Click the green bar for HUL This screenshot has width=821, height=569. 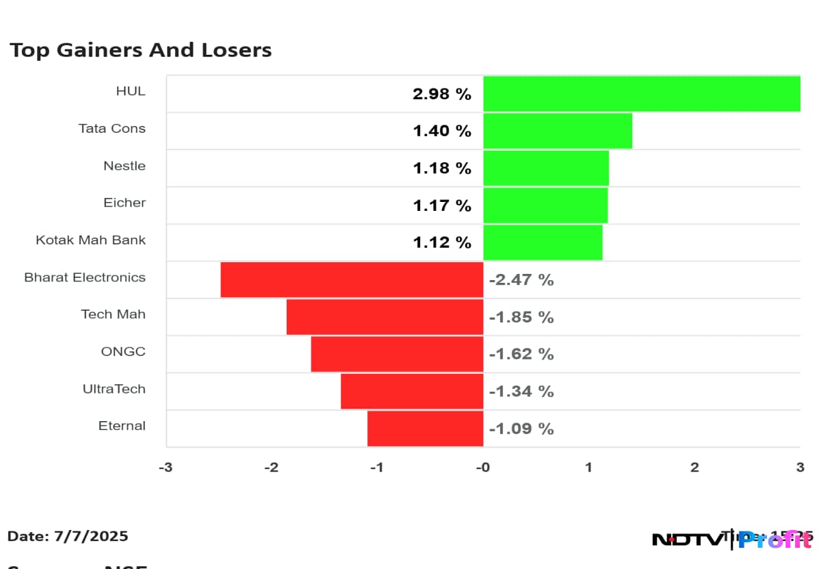click(x=642, y=94)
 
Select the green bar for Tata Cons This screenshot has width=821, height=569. click(x=558, y=131)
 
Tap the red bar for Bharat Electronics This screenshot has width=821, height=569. click(x=352, y=279)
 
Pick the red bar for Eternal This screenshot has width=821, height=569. click(x=425, y=428)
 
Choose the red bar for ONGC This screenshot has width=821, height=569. click(x=397, y=354)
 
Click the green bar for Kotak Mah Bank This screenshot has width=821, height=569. click(x=543, y=242)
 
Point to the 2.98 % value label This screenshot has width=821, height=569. click(x=441, y=94)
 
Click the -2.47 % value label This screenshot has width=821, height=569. click(x=521, y=280)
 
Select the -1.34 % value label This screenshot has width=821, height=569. click(x=521, y=391)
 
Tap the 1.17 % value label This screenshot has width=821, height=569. click(x=441, y=205)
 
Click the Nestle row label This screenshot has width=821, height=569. click(x=125, y=166)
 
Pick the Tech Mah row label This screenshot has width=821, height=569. click(x=113, y=314)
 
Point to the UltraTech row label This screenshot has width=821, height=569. click(x=114, y=389)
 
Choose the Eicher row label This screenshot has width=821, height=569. click(x=125, y=203)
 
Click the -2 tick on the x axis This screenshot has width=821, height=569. click(x=271, y=468)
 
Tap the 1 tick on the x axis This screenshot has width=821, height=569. click(x=588, y=468)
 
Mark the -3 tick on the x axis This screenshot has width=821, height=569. click(x=166, y=468)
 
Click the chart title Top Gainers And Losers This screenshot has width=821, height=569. click(x=140, y=50)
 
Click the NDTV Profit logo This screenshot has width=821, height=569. click(x=731, y=540)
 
